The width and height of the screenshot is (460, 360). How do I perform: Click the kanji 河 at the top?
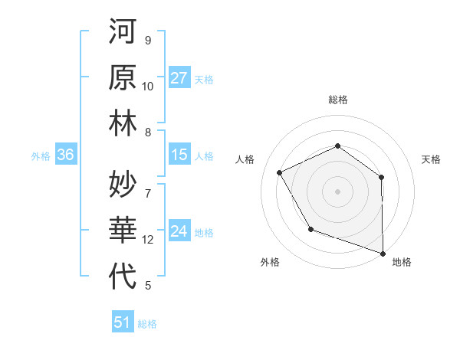pyautogui.click(x=123, y=32)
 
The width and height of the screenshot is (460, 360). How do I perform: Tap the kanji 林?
pyautogui.click(x=123, y=123)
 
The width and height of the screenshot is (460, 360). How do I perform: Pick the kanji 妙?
pyautogui.click(x=123, y=185)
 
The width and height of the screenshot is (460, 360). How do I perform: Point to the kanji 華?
pyautogui.click(x=123, y=231)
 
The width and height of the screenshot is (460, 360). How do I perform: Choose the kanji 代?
pyautogui.click(x=123, y=276)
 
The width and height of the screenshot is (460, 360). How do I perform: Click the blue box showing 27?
pyautogui.click(x=179, y=78)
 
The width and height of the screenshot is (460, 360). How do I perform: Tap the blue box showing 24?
pyautogui.click(x=179, y=232)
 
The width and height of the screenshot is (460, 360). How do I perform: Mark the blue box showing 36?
pyautogui.click(x=66, y=155)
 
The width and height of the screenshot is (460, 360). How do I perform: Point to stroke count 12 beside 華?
pyautogui.click(x=148, y=240)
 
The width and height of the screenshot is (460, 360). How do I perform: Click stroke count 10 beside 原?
pyautogui.click(x=148, y=87)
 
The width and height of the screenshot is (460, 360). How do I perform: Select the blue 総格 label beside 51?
pyautogui.click(x=147, y=324)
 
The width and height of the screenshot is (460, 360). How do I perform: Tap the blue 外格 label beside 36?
pyautogui.click(x=41, y=156)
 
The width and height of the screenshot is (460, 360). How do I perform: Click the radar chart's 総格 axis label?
pyautogui.click(x=337, y=100)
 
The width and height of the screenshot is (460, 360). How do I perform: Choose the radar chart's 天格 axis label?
pyautogui.click(x=432, y=159)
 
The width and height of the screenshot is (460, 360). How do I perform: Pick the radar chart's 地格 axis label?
pyautogui.click(x=402, y=263)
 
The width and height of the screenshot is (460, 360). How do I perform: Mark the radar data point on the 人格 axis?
pyautogui.click(x=280, y=172)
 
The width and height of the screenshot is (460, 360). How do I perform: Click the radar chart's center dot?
pyautogui.click(x=337, y=191)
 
